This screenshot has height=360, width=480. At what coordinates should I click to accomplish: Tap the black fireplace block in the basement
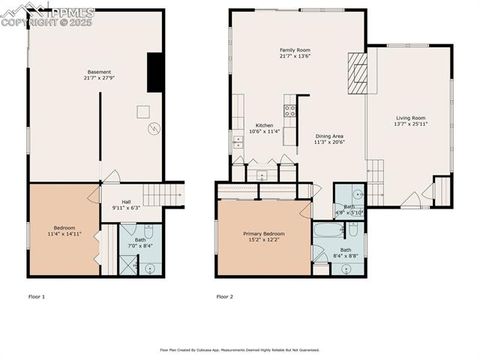pos(155,72)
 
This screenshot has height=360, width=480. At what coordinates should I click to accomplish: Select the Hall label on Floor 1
pos(126,202)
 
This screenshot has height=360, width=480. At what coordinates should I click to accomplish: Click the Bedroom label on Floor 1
pos(64,228)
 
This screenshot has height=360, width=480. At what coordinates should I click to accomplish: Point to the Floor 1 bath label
pos(140,240)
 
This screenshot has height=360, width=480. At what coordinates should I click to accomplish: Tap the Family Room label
pos(294,50)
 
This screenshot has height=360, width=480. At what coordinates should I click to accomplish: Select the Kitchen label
pos(265,125)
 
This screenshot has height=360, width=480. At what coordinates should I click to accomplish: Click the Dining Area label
pos(329,136)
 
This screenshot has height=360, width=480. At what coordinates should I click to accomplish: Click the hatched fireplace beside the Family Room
pos(357,72)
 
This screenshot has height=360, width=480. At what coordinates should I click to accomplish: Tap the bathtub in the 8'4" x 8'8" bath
pos(327,232)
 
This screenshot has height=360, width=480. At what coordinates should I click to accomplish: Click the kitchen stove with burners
pos(290,109)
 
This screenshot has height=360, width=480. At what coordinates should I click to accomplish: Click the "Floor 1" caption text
pos(36,297)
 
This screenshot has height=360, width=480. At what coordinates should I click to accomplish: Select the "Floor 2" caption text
pos(225,297)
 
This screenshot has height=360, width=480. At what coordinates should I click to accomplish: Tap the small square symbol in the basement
pos(143,112)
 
